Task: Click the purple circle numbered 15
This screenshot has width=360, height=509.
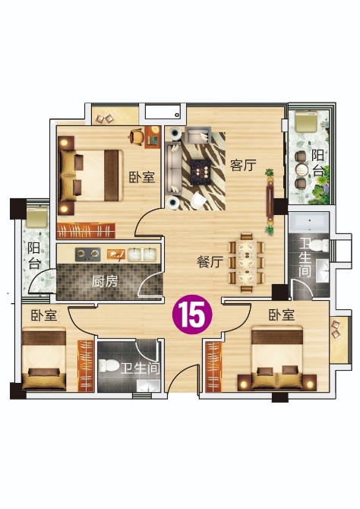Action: tap(192, 315)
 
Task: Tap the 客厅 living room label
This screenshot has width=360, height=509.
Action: tap(243, 165)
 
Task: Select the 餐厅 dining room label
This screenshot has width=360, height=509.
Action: tap(210, 261)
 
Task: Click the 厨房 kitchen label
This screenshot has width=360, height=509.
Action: tap(105, 281)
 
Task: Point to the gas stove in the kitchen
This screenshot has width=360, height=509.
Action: tap(87, 254)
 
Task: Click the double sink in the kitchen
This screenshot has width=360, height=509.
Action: tap(142, 254)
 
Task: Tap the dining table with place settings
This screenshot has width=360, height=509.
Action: tap(246, 262)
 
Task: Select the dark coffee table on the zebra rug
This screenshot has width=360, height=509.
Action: tap(201, 172)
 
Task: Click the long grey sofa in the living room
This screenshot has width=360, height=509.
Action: tap(173, 168)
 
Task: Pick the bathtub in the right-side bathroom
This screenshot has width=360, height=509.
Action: tap(308, 222)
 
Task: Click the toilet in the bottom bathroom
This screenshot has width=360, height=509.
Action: tap(109, 366)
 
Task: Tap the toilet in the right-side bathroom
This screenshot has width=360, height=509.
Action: tap(319, 245)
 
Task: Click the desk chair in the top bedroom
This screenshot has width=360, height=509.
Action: tap(137, 136)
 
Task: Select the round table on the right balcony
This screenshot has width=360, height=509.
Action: tap(302, 169)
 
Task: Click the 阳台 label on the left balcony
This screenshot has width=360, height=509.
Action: tap(33, 255)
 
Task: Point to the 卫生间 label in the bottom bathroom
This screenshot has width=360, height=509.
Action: tap(141, 368)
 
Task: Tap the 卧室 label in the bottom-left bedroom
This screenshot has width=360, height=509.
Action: tap(44, 315)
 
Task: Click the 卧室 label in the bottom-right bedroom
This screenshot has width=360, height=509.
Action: tap(282, 315)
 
